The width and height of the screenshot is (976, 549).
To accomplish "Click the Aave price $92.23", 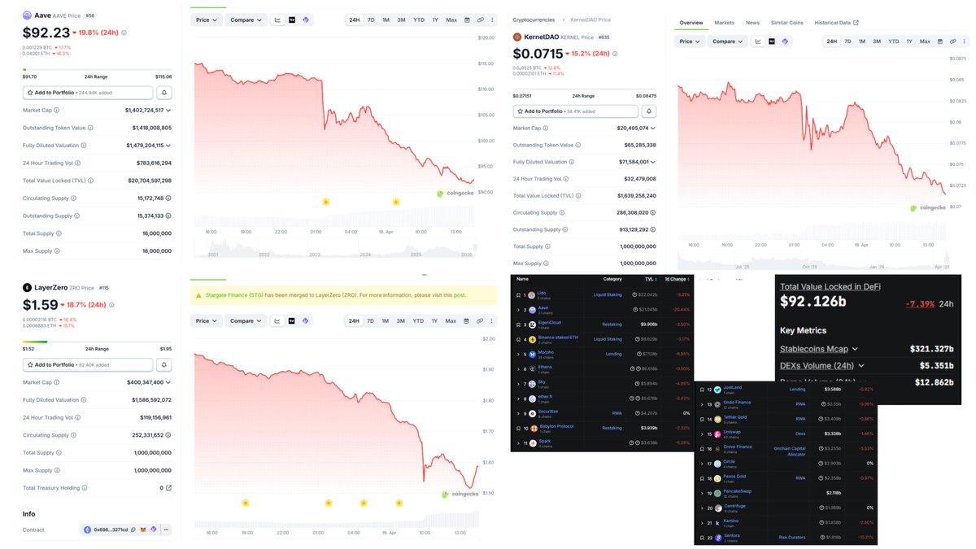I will coord(45,33).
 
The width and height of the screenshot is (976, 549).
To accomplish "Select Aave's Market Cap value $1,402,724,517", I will coord(144,110).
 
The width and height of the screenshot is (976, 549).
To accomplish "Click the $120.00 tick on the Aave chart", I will coord(486,38).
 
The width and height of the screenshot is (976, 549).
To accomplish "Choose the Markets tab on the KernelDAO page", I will coord(723,23).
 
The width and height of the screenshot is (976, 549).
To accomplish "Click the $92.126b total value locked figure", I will coord(814,302).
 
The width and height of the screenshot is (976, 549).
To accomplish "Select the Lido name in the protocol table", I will coord(542,294).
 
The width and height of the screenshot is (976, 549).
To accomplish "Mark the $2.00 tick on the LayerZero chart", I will coord(488,338).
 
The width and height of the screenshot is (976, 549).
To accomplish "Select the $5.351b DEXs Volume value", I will coord(930,366).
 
